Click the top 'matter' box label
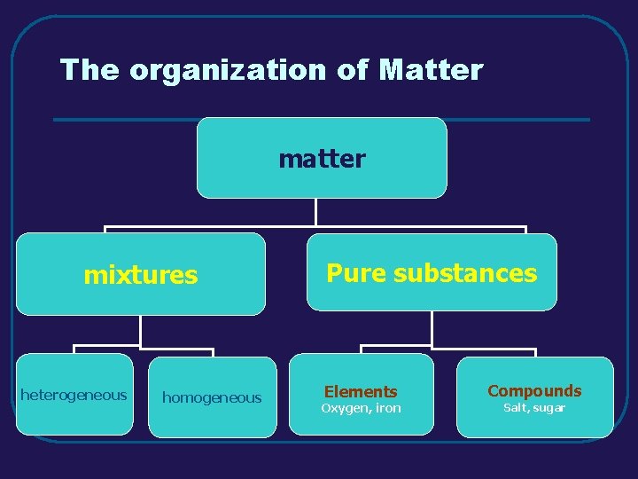(322, 159)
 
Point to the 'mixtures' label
(140, 275)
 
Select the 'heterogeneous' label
(74, 395)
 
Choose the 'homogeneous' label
(212, 398)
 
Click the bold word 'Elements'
(361, 391)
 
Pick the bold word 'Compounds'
(534, 390)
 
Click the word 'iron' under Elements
(388, 408)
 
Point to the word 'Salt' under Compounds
(515, 408)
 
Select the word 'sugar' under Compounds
(549, 408)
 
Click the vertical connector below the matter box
(316, 213)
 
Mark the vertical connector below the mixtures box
(141, 330)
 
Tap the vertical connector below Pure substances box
(432, 328)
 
